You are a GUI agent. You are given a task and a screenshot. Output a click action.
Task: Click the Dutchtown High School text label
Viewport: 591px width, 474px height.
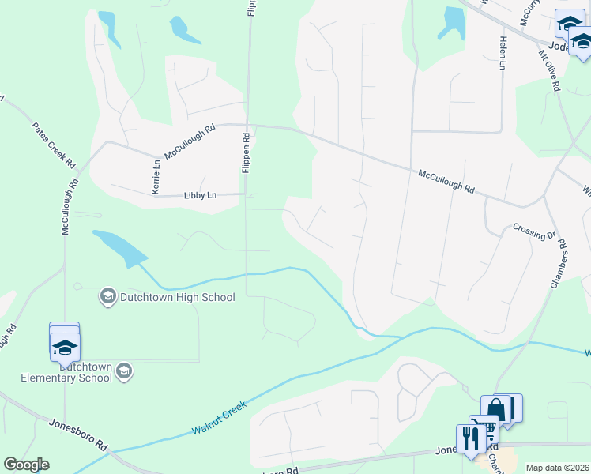177,298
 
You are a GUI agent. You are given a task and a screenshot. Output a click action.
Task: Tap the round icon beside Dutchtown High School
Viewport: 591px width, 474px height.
107,297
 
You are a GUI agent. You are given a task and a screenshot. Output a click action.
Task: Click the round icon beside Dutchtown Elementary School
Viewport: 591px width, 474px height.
122,371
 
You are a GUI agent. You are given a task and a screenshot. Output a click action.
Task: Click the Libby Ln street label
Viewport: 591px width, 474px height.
200,195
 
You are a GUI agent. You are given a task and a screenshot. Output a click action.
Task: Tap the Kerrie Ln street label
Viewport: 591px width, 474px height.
156,177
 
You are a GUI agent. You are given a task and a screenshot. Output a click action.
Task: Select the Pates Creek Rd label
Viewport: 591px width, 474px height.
54,145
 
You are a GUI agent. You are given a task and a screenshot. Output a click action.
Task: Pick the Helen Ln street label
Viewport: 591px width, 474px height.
502,53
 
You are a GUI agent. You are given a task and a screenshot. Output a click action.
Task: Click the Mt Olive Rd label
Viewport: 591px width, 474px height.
549,73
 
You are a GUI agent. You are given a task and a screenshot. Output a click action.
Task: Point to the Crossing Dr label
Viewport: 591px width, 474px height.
535,233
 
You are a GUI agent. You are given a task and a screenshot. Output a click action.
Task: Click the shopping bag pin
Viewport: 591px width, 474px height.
496,409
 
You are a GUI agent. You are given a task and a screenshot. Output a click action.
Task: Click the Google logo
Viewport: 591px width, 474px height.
26,465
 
